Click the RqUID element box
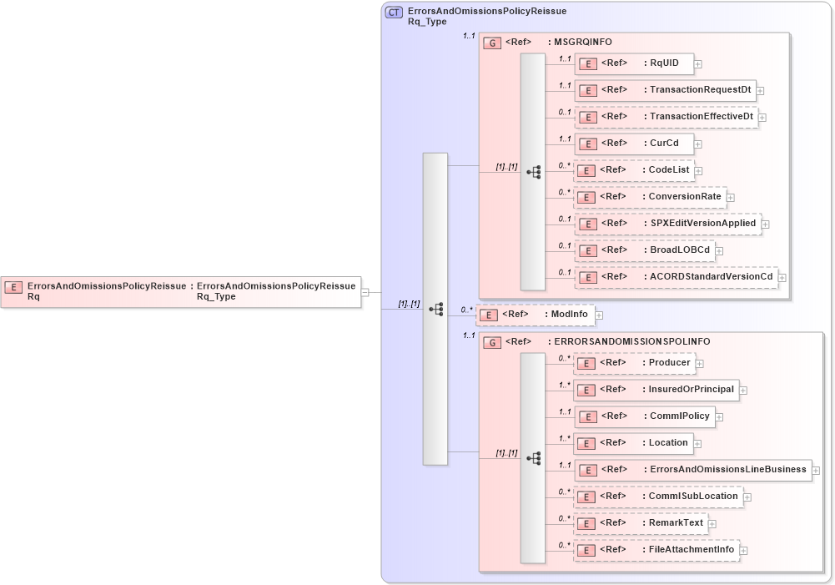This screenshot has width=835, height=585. coord(634,63)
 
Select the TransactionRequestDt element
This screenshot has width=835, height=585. coord(665,90)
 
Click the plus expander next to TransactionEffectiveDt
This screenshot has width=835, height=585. coord(762,118)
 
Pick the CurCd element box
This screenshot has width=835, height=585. coord(634,144)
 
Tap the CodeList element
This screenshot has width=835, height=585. coord(635,170)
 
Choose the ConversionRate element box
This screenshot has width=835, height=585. coord(650,197)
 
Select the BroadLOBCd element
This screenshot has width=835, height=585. coord(644,250)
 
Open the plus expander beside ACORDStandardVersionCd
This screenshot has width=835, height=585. coord(782,277)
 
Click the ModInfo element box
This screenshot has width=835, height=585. coord(535,315)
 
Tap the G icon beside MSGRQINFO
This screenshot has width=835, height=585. coord(493,43)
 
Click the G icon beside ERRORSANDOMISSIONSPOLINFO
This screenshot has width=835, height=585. coord(493,342)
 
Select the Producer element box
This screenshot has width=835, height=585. coord(634,363)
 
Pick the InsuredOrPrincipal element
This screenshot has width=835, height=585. coord(656,390)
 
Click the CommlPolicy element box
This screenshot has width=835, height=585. coord(644,416)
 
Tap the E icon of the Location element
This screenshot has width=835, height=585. coord(586,443)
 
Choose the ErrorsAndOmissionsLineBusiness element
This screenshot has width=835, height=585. coord(692,470)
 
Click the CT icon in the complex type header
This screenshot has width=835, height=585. coord(394,13)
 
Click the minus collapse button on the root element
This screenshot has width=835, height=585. coord(365,293)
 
